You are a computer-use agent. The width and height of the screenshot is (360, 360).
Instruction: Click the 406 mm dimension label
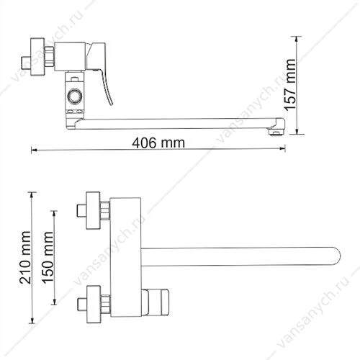(x=158, y=143)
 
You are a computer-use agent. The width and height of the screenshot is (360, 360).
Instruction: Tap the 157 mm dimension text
(x=290, y=85)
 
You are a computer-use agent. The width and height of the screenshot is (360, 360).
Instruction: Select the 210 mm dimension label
(x=25, y=258)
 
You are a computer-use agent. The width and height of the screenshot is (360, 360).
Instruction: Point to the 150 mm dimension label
(x=48, y=258)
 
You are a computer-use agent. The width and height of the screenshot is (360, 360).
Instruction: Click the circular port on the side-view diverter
(x=75, y=96)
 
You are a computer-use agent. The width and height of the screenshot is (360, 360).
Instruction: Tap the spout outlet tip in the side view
(x=276, y=131)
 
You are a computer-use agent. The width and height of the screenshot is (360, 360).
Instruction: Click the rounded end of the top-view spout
(x=336, y=256)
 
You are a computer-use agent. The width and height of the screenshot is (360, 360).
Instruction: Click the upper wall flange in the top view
(x=93, y=210)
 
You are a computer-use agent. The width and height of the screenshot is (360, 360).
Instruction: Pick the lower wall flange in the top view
(x=94, y=304)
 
